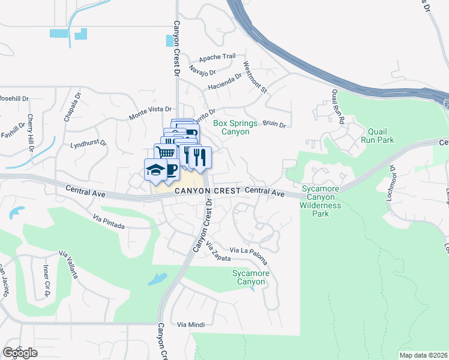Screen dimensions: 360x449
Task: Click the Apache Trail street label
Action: click(217, 56)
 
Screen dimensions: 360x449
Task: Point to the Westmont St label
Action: click(254, 77)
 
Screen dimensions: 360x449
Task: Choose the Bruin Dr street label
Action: click(274, 124)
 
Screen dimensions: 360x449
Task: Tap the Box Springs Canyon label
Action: click(235, 127)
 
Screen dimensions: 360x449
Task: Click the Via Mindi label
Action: click(191, 325)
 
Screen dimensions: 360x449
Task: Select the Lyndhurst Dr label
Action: click(88, 145)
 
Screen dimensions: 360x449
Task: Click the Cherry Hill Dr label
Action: click(29, 136)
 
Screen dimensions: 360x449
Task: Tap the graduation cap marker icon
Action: click(155, 169)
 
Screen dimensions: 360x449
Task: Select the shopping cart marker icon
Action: click(166, 151)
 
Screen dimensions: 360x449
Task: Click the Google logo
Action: click(20, 353)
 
